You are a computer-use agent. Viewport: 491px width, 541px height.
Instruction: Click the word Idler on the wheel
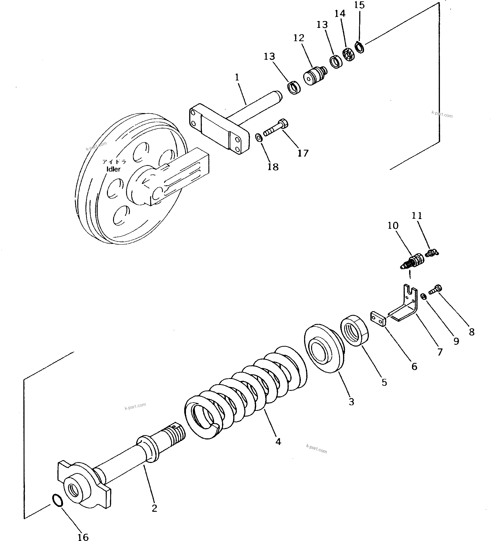pos(113,169)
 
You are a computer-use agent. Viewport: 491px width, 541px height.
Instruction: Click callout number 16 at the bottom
pos(83,536)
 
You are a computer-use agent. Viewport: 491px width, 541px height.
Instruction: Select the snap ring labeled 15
pos(359,47)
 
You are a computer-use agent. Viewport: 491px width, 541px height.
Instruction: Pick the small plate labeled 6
pos(378,319)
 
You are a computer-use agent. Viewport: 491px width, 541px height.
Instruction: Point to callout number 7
pos(440,352)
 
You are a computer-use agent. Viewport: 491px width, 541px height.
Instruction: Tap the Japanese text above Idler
pos(114,162)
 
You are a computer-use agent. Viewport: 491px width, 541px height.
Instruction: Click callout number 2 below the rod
pos(154,508)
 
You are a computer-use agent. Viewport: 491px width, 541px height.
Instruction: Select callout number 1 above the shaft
pos(237,78)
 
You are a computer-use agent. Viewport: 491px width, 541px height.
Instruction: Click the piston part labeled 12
pos(315,76)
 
